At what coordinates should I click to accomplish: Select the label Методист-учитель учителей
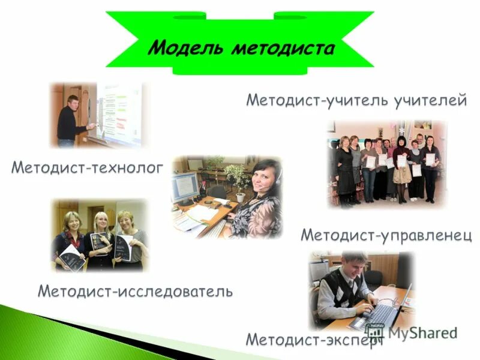(356, 100)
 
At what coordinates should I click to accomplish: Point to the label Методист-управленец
(386, 234)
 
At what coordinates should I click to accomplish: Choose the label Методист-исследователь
(135, 292)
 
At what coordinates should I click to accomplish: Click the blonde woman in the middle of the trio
(100, 237)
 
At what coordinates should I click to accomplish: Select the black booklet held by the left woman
(71, 257)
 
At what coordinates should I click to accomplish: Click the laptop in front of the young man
(384, 312)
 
